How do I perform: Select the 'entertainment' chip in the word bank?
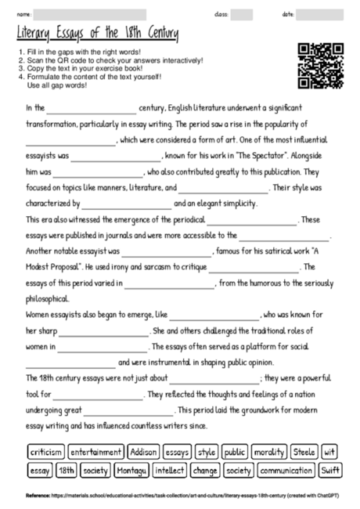coord(95,452)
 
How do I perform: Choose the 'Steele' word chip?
coord(303,452)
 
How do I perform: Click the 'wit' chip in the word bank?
coord(329,452)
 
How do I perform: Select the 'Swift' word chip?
coord(329,471)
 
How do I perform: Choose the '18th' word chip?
coord(67,471)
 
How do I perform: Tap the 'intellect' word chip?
coord(170,471)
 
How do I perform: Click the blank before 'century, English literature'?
coord(92,109)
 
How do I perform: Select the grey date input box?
coord(319,14)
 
